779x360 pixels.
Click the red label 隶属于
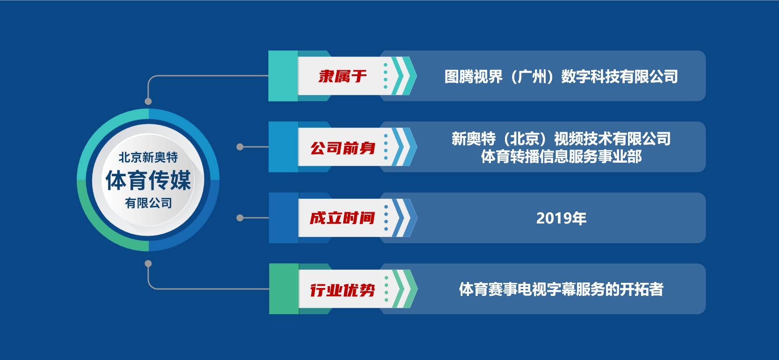(x=343, y=76)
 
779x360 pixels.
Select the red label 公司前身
(x=343, y=148)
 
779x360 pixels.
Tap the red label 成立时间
(x=343, y=218)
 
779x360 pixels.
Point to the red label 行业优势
(x=343, y=290)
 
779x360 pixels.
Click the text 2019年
(x=561, y=218)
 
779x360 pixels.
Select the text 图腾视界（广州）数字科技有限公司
(x=561, y=77)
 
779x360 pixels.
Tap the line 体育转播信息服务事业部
(x=561, y=157)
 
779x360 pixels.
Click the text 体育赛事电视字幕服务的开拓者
(x=561, y=289)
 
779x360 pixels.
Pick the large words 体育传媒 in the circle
(x=148, y=180)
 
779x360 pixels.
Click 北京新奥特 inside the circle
(x=148, y=158)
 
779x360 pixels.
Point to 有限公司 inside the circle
(x=149, y=203)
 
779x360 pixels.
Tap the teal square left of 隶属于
(x=283, y=76)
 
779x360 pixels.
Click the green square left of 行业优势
(x=284, y=288)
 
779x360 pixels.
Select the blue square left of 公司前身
(x=283, y=147)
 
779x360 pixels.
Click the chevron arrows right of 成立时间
(x=404, y=218)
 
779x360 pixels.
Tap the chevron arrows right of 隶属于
(x=404, y=76)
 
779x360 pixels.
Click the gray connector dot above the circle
(x=148, y=101)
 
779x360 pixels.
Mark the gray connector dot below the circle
(x=148, y=264)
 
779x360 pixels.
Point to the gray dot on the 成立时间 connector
(x=240, y=218)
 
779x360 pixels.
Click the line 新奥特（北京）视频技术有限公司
(x=561, y=139)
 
